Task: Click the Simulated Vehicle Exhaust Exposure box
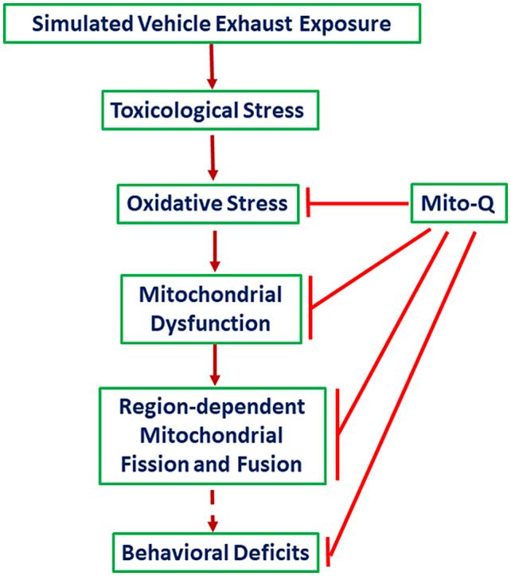[x=211, y=23]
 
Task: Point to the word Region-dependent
[x=212, y=407]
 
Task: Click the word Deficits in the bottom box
[x=269, y=551]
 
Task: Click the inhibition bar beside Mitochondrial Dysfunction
[x=311, y=306]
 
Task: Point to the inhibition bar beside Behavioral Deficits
[x=328, y=551]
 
